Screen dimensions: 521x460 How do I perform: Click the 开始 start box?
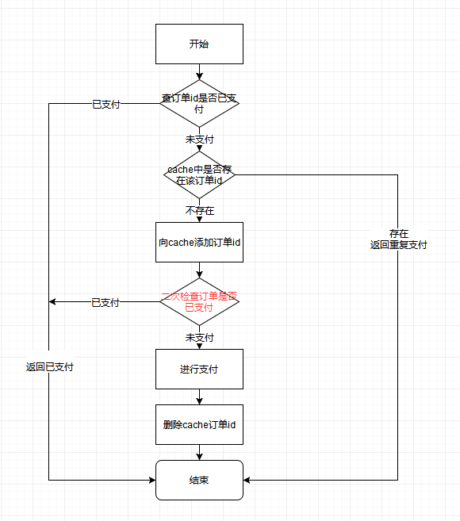point(199,44)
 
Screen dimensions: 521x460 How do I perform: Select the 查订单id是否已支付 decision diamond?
point(199,103)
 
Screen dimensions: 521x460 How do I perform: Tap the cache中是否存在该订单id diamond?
point(199,174)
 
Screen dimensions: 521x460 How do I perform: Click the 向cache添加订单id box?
point(199,242)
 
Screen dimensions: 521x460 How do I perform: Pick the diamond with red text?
point(199,301)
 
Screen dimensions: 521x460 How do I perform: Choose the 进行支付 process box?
point(199,369)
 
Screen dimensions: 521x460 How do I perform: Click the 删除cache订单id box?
point(199,425)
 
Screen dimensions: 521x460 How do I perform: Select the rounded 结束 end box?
point(199,480)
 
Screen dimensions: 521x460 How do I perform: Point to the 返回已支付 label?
point(49,367)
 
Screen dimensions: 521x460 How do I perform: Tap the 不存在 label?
point(200,211)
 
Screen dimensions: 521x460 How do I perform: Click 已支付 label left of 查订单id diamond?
point(105,104)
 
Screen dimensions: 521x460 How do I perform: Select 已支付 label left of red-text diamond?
point(105,302)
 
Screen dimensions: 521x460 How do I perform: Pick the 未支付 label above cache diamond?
point(200,139)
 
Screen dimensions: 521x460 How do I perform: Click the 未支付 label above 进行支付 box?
point(200,337)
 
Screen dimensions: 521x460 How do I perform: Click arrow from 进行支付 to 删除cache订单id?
point(199,396)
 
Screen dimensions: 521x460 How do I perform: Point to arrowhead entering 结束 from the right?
point(248,480)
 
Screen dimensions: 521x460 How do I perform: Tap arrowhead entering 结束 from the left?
point(151,480)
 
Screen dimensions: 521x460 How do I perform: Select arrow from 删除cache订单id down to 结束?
point(199,452)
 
